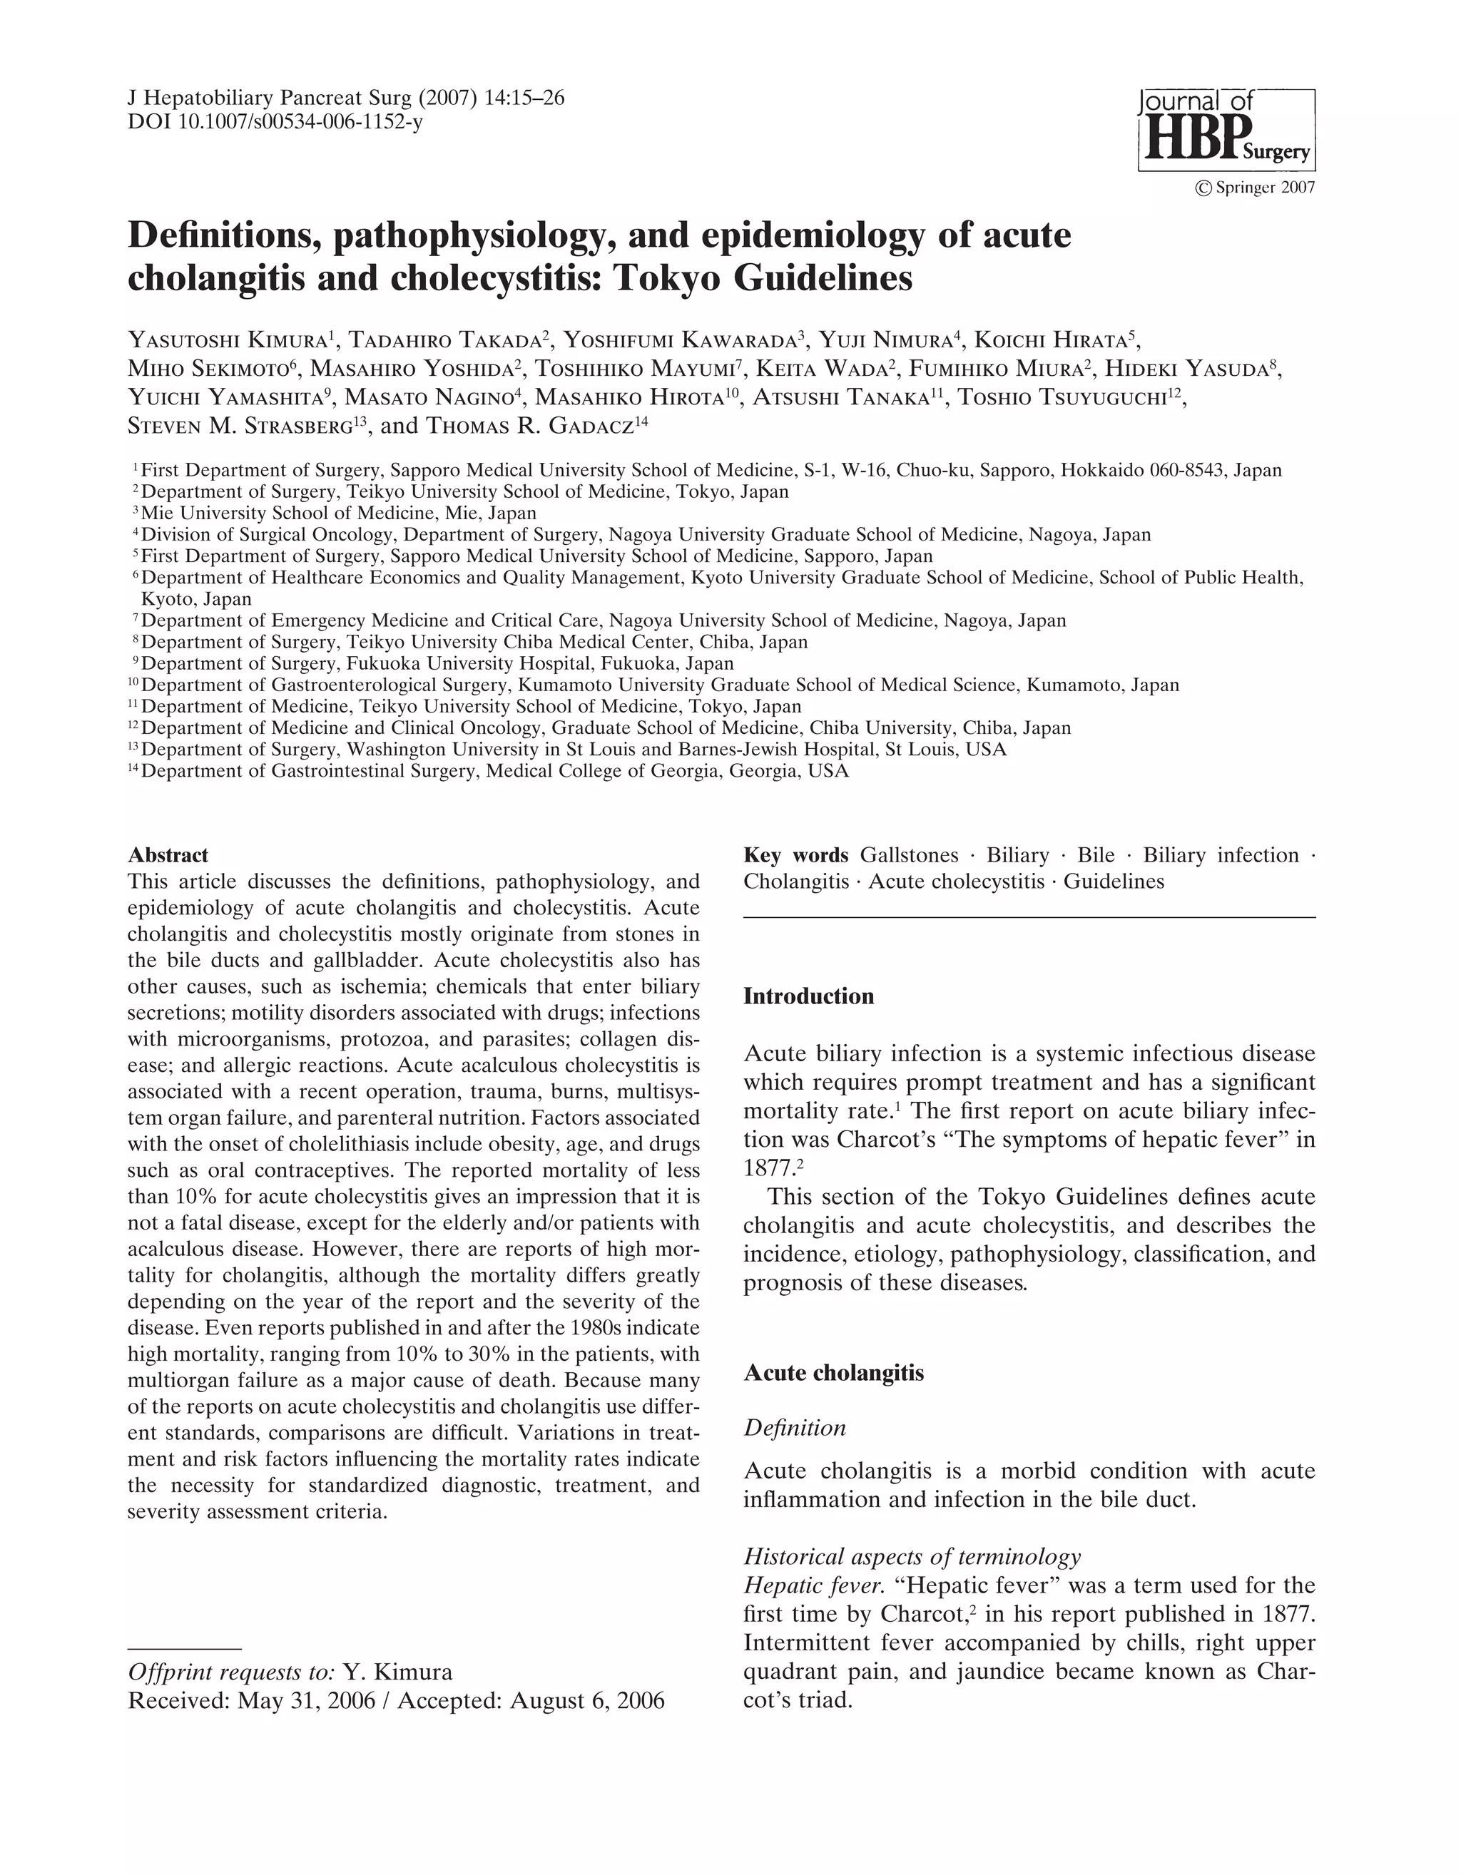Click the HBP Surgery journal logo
1226,130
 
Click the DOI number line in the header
275,122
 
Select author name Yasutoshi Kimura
228,340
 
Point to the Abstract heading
168,855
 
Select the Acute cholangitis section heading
833,1373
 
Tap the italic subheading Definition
795,1428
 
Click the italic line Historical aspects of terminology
911,1556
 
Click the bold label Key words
795,855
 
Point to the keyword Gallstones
909,855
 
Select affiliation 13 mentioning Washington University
567,750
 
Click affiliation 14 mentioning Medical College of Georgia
489,771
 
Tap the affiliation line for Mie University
335,514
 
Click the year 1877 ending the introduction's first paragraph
766,1168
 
